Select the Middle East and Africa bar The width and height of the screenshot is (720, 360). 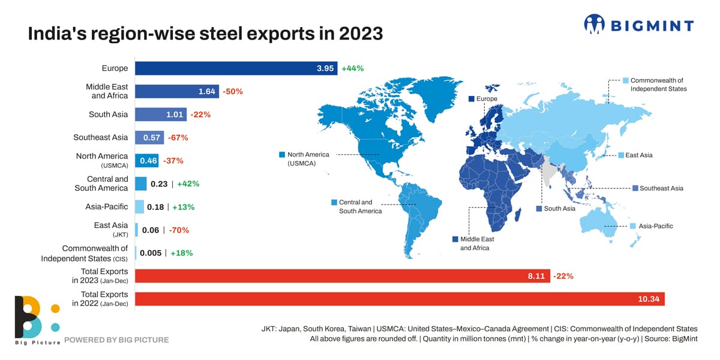pos(177,91)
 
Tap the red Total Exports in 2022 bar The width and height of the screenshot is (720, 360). pos(400,299)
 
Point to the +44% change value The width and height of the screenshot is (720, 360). pos(353,68)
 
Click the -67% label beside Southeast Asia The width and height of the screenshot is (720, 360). pos(178,137)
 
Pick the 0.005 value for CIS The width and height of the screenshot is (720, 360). pos(151,253)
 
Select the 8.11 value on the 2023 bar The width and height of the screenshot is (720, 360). pos(538,276)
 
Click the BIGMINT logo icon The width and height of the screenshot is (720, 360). pos(594,25)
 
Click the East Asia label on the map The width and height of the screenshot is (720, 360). pos(638,155)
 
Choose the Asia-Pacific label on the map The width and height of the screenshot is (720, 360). pos(655,226)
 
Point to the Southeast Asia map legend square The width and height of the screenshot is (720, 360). pos(635,188)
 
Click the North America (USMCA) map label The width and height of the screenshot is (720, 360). pos(308,159)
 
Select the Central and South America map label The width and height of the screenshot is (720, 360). pos(360,206)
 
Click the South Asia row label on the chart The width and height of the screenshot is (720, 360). pos(109,114)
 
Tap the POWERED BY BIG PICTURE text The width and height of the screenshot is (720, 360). pos(116,340)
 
